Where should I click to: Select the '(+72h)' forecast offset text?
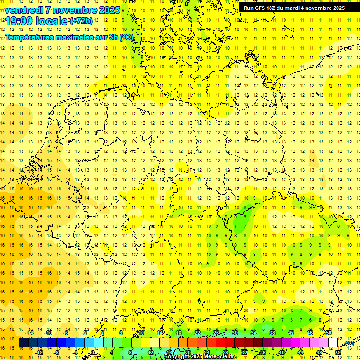[81, 21]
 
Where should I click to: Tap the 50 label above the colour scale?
[329, 333]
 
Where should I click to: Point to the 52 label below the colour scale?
[338, 352]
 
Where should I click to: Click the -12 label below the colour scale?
[39, 352]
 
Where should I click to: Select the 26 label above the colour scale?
[216, 333]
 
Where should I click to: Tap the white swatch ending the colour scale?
[333, 343]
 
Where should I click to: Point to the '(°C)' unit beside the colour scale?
[349, 344]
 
